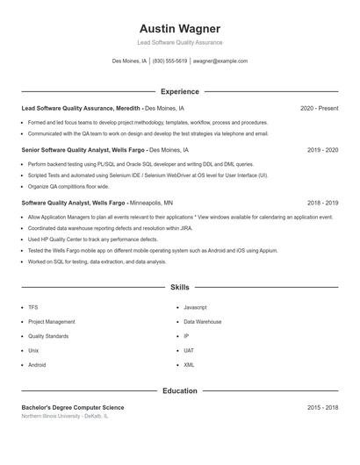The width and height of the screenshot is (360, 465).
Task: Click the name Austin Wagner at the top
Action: tap(180, 28)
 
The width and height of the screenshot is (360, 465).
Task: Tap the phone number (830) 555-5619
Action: tap(169, 61)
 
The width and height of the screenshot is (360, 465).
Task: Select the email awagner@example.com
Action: tap(220, 61)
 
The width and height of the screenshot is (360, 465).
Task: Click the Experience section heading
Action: tap(180, 91)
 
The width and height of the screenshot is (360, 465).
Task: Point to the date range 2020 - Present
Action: tap(319, 108)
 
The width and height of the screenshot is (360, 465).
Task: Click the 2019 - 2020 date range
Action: tap(322, 150)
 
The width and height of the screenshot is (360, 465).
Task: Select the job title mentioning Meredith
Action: tap(80, 108)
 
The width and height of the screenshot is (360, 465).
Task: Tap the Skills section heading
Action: tap(180, 287)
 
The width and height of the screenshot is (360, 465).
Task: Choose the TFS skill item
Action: tap(33, 307)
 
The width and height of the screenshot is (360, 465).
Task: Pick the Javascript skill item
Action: tap(195, 307)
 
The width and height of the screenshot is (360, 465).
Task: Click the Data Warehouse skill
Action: tap(202, 322)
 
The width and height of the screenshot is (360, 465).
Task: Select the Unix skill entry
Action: tap(33, 350)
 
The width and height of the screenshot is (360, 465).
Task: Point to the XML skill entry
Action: tap(189, 364)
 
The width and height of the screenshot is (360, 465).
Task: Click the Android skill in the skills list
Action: tap(37, 364)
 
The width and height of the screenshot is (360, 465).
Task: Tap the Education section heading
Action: tap(180, 390)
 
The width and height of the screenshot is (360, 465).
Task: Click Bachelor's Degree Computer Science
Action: tap(73, 407)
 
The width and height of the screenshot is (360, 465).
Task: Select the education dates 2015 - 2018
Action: tap(322, 407)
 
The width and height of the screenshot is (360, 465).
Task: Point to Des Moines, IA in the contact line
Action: tap(129, 61)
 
